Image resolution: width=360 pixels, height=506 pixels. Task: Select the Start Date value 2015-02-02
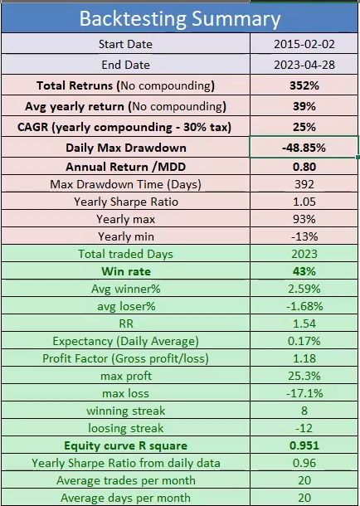point(305,44)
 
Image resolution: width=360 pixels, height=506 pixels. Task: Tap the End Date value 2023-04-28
point(305,65)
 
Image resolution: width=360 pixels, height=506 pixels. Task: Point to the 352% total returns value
point(305,85)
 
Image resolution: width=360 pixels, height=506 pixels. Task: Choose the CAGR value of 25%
point(305,127)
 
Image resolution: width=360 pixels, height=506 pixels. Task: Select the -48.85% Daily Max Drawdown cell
point(305,148)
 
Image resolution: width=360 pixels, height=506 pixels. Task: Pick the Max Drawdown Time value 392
point(305,183)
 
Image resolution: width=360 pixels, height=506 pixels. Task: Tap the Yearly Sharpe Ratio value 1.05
point(305,201)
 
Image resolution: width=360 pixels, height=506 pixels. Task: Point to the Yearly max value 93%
point(305,219)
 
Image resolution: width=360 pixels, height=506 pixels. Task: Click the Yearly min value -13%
point(305,236)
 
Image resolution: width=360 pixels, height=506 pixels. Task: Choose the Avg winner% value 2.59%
point(305,289)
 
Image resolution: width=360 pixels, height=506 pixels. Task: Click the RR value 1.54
point(305,324)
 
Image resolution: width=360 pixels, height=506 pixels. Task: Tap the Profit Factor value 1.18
point(305,358)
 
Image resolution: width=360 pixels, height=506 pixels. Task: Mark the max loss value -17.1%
point(305,393)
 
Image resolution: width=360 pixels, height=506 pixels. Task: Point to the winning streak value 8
point(305,411)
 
